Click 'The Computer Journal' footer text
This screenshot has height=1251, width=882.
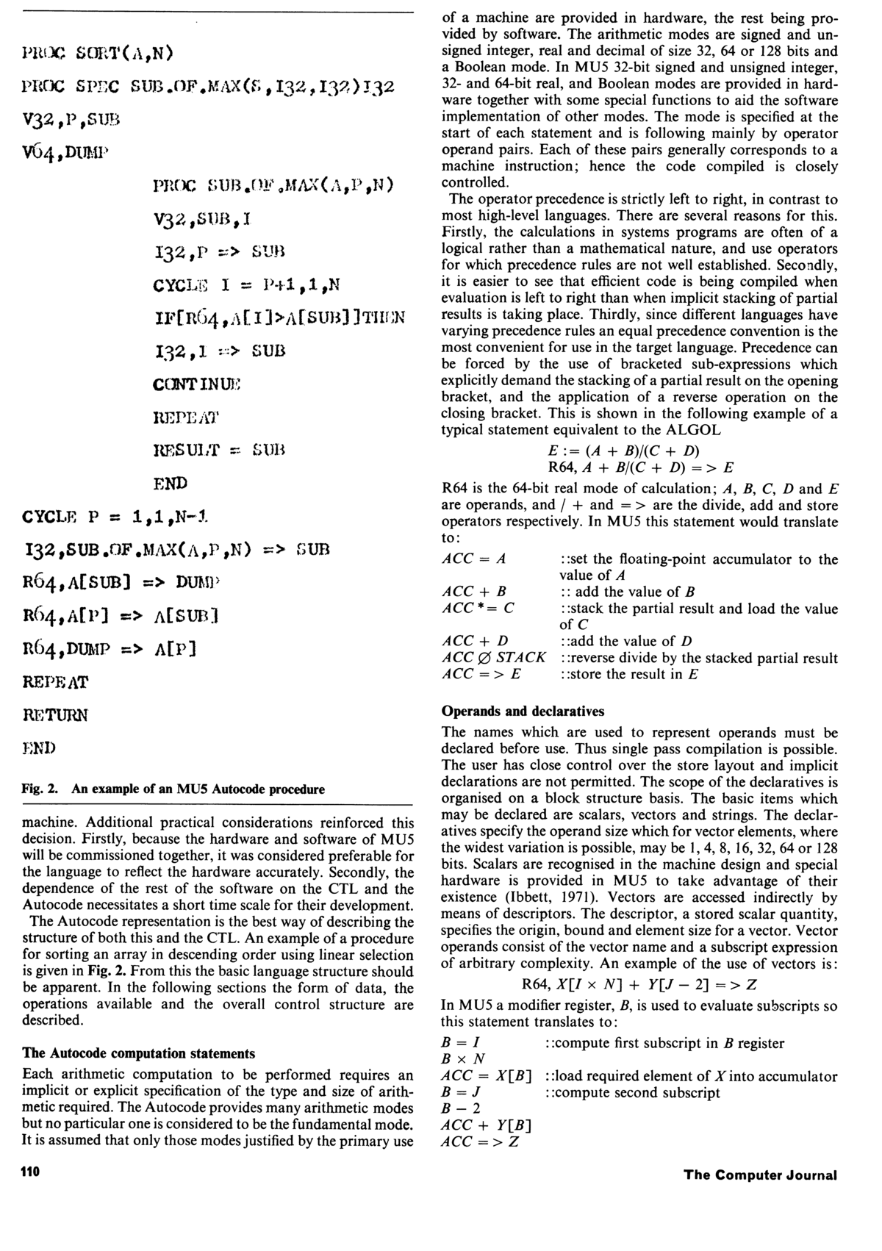tap(760, 1174)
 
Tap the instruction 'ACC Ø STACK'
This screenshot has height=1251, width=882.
tap(493, 658)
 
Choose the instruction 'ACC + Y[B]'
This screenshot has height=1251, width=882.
tap(486, 1125)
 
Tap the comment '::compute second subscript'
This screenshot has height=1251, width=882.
tap(632, 1092)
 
